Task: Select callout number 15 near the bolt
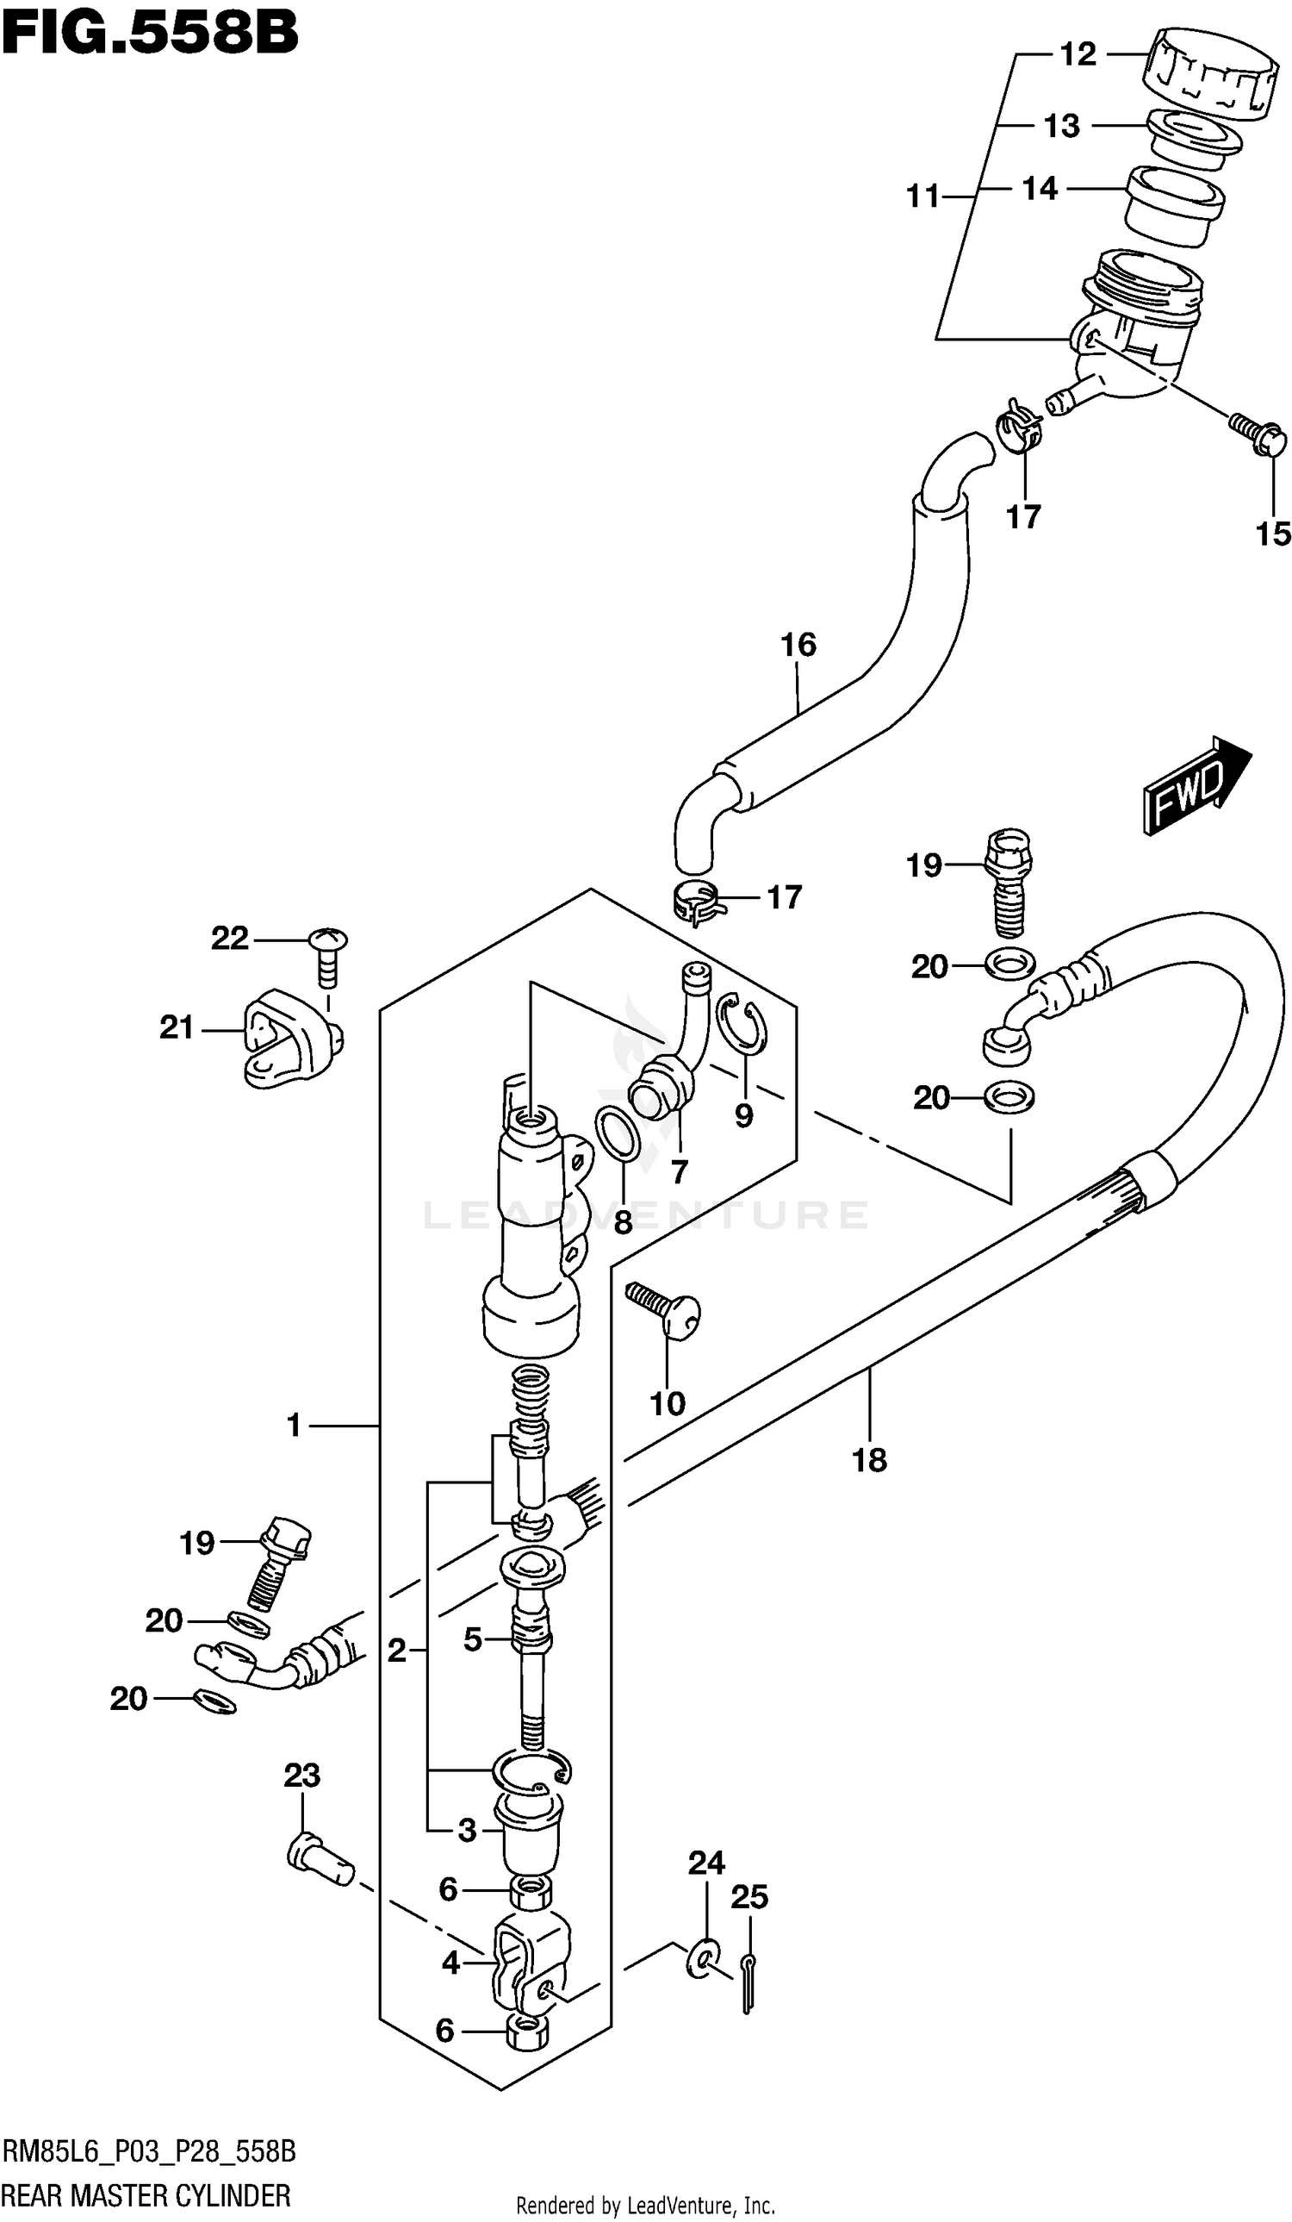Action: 1272,534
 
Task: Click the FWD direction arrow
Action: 1196,783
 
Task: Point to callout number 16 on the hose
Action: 798,645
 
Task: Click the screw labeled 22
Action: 329,954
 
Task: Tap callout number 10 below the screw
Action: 667,1403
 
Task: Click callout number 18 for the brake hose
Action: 868,1460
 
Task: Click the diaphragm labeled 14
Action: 1175,204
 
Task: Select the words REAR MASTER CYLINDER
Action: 146,2195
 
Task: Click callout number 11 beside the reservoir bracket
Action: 922,196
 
